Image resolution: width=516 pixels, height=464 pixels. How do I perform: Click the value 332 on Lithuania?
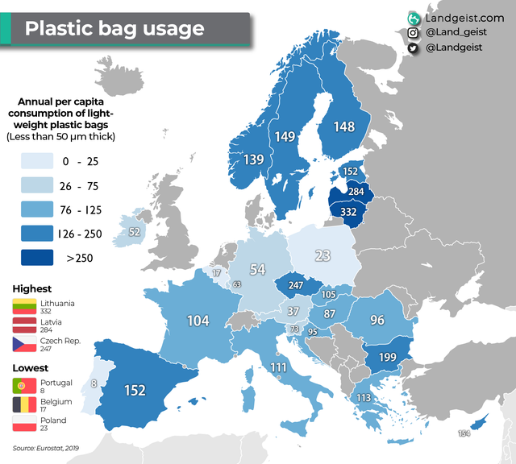(x=348, y=212)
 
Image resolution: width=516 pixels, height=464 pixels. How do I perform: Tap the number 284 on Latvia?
(x=356, y=192)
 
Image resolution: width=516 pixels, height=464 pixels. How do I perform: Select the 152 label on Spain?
(x=135, y=391)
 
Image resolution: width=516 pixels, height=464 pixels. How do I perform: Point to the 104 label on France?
(x=198, y=321)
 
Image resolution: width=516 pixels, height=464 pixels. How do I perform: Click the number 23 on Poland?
(x=322, y=256)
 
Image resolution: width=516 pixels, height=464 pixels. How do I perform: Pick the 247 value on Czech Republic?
(x=296, y=286)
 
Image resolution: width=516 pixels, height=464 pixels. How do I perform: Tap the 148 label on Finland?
(x=343, y=127)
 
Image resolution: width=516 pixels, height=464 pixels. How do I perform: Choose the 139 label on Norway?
(x=253, y=160)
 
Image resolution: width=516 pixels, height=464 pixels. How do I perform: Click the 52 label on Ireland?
(x=134, y=232)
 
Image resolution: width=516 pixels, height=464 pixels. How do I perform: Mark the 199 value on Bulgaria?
(x=386, y=357)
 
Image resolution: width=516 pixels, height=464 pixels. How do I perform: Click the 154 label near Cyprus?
(x=464, y=434)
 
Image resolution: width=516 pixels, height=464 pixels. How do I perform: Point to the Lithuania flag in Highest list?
(x=22, y=307)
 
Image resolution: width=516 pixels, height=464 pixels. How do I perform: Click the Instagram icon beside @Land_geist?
(x=413, y=33)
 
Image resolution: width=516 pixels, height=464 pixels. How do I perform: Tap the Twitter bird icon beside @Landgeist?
(x=413, y=48)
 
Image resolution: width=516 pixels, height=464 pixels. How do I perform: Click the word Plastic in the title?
(x=57, y=29)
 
